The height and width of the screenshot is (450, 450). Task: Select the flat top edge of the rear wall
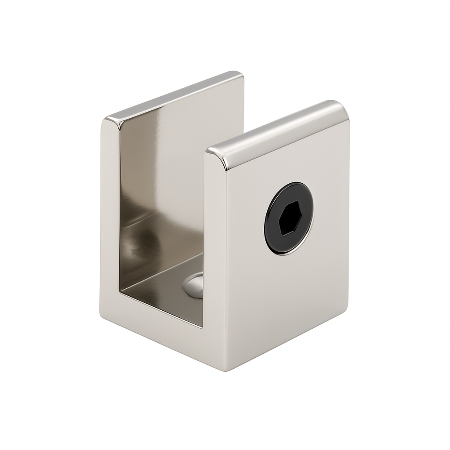coord(176,95)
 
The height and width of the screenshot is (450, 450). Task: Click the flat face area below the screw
coord(286,299)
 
